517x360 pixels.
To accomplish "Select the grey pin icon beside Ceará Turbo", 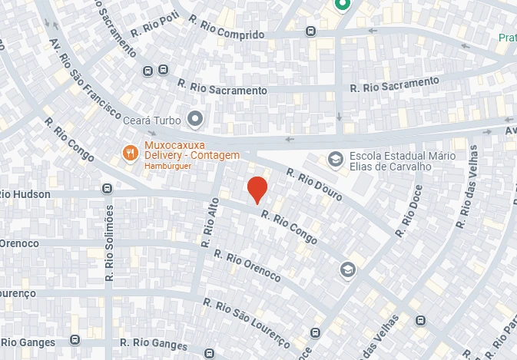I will pyautogui.click(x=195, y=119).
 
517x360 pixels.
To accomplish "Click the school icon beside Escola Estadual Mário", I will pyautogui.click(x=335, y=159).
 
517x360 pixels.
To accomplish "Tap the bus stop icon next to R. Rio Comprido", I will pyautogui.click(x=310, y=31).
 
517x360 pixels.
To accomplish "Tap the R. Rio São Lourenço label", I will pyautogui.click(x=247, y=322).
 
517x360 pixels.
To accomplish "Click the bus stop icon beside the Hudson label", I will pyautogui.click(x=107, y=189).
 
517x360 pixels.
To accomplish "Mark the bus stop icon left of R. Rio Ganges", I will pyautogui.click(x=75, y=339).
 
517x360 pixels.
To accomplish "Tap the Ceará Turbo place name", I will pyautogui.click(x=152, y=121).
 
